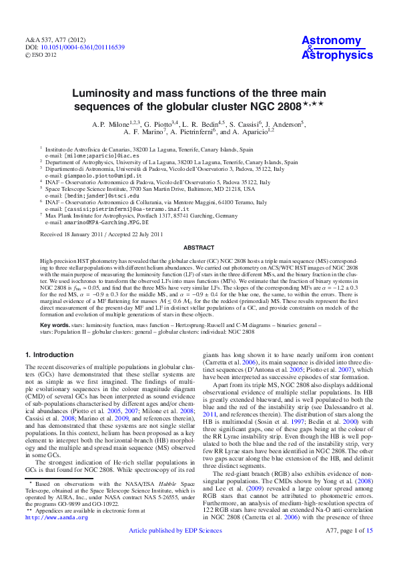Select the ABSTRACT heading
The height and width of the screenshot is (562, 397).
[198, 246]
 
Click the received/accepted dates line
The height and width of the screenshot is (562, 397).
[101, 234]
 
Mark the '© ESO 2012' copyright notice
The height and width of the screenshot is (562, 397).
[42, 55]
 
